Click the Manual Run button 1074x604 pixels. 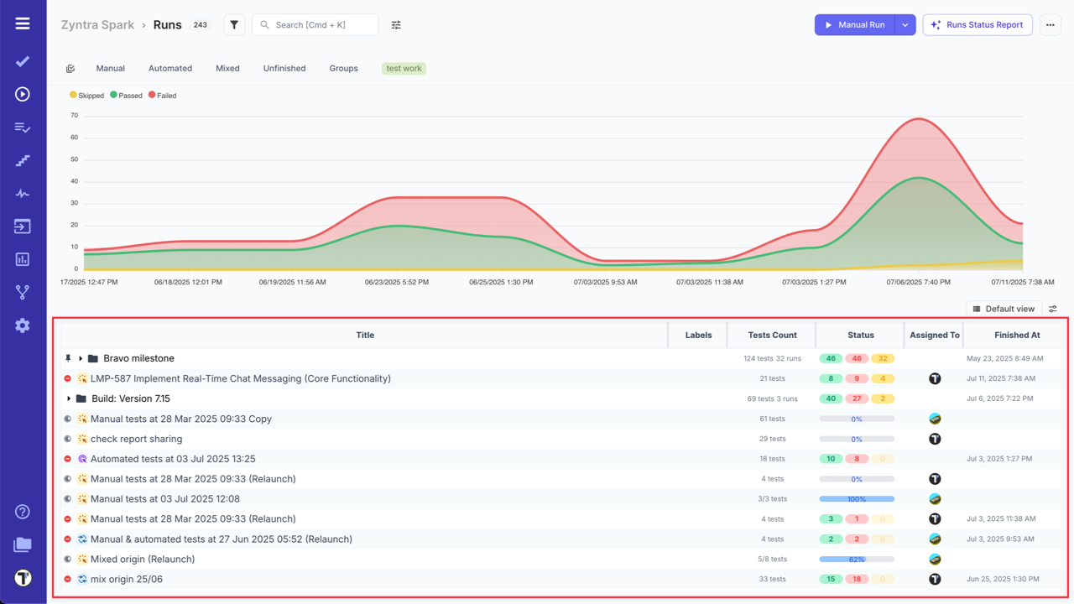pyautogui.click(x=855, y=25)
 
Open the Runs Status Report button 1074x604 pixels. pyautogui.click(x=977, y=25)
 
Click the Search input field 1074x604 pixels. pyautogui.click(x=315, y=25)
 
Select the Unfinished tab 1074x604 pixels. pyautogui.click(x=284, y=69)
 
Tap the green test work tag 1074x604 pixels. pyautogui.click(x=404, y=69)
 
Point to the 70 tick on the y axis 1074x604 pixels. pyautogui.click(x=74, y=116)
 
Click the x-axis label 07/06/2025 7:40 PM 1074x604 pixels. pyautogui.click(x=918, y=283)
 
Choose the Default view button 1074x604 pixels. pyautogui.click(x=1004, y=309)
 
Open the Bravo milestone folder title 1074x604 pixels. pyautogui.click(x=138, y=358)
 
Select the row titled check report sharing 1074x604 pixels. pyautogui.click(x=136, y=439)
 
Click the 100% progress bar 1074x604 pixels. pyautogui.click(x=857, y=499)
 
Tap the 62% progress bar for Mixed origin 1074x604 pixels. pyautogui.click(x=857, y=560)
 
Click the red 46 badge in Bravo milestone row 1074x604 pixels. pyautogui.click(x=857, y=358)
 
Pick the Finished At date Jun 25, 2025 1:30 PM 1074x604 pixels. pyautogui.click(x=1003, y=580)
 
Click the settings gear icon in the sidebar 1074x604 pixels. pyautogui.click(x=23, y=325)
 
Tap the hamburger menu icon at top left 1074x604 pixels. pyautogui.click(x=23, y=23)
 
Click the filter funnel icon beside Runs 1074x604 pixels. pyautogui.click(x=234, y=25)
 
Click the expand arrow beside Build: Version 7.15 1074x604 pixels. pyautogui.click(x=69, y=398)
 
